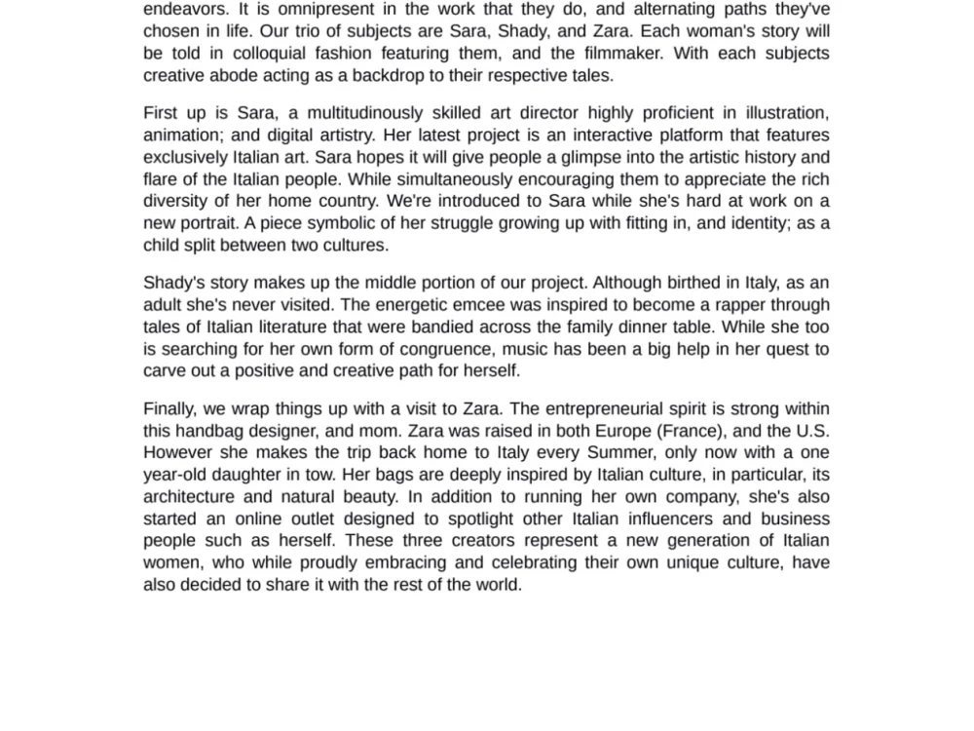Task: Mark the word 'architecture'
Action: pyautogui.click(x=189, y=496)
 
